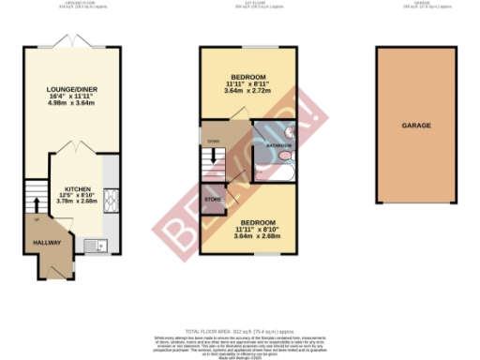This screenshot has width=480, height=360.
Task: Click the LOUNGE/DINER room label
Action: (72, 91)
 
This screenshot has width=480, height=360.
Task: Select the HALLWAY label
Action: (49, 242)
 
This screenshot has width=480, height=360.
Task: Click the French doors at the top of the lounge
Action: (73, 43)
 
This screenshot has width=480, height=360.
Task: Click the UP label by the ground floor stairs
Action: (37, 220)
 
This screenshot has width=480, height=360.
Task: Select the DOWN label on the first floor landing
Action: (214, 143)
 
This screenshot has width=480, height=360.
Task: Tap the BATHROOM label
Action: (279, 146)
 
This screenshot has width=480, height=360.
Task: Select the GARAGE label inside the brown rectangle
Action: (415, 124)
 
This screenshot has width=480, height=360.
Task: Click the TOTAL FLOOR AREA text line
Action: (239, 330)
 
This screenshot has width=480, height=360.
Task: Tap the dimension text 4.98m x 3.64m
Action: (72, 106)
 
